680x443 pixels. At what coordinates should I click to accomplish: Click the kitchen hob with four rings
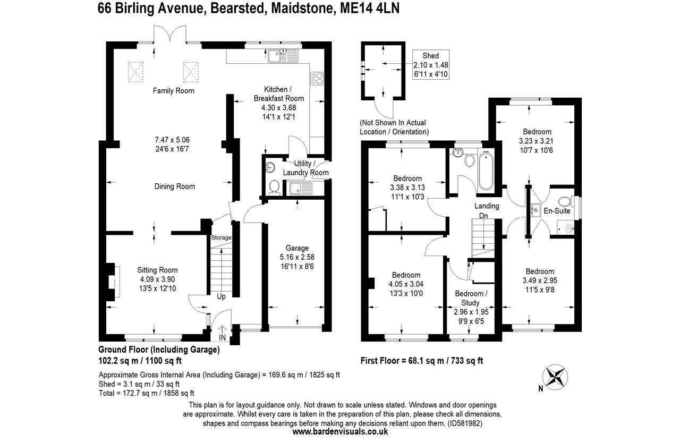pos(317,78)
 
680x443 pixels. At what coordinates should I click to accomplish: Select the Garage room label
pos(297,248)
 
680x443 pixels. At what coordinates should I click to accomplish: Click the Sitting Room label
pos(157,270)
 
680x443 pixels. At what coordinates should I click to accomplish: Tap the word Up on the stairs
pos(220,296)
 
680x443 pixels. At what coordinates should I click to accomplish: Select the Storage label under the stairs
pos(221,237)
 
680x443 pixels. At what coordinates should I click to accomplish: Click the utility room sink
pos(301,188)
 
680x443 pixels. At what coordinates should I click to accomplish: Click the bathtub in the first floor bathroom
pos(486,171)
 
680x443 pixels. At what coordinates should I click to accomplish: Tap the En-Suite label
pos(556,211)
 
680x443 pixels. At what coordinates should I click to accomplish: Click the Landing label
pos(487,206)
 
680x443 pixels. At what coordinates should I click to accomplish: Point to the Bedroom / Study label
pos(470,298)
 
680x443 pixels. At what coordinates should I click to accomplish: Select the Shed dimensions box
pos(431,65)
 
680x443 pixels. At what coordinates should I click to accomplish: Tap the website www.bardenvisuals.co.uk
pos(340,432)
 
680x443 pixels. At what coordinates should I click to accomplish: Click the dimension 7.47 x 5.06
pos(172,140)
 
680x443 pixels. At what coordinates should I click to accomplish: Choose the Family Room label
pos(173,91)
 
